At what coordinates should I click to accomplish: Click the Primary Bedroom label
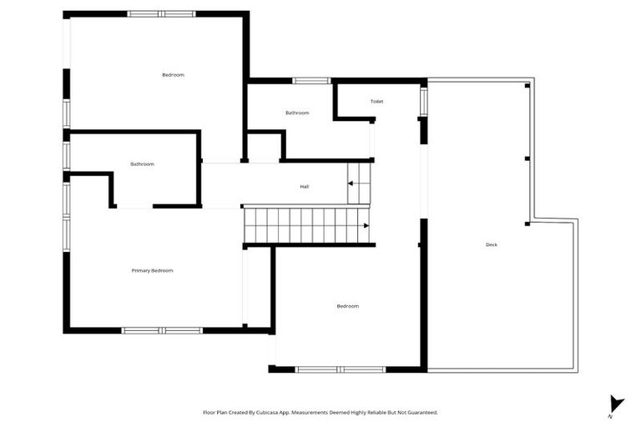click(152, 270)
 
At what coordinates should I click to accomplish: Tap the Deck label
click(492, 244)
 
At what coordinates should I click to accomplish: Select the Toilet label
click(377, 102)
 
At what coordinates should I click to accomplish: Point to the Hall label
click(305, 187)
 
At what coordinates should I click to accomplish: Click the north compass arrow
click(616, 404)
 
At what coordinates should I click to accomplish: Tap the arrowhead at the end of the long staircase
click(366, 225)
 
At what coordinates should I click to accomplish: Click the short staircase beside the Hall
click(358, 183)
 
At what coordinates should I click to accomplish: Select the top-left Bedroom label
click(173, 75)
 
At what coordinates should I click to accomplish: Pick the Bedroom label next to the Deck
click(347, 306)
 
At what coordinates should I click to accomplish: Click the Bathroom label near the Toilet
click(297, 113)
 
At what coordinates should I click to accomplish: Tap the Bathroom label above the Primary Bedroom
click(142, 163)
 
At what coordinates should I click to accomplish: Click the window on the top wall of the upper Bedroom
click(161, 14)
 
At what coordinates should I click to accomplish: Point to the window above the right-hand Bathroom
click(311, 81)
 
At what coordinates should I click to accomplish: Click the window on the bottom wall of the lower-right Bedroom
click(340, 369)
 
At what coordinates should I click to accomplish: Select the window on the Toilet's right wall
click(424, 102)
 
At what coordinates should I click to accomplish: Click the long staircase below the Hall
click(305, 225)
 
